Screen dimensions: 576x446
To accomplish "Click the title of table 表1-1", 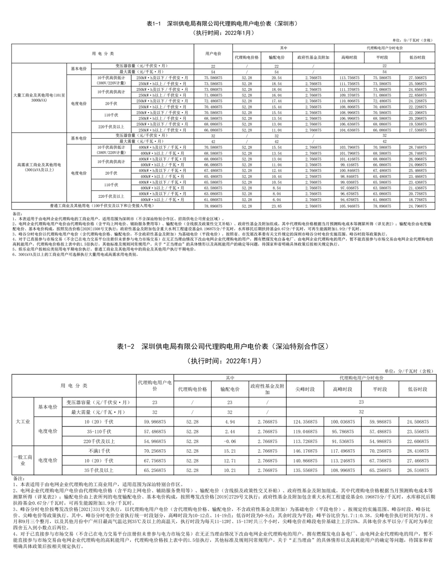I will (223, 24).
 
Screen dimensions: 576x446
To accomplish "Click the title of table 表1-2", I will (223, 346).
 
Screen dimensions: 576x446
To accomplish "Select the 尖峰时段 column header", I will (305, 389).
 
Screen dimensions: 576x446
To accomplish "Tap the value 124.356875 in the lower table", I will (305, 422).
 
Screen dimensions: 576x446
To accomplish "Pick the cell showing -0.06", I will (230, 441).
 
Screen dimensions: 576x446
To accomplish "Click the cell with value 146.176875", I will (305, 451).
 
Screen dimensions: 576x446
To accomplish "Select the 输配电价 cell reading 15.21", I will (230, 451).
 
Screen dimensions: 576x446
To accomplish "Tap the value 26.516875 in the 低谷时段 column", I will (418, 470).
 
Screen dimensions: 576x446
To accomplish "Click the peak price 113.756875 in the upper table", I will (349, 78).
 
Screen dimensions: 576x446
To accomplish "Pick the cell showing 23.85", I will (276, 206).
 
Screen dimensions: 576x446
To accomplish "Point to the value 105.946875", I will (349, 206).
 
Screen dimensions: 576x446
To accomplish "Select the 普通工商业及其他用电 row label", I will (102, 206).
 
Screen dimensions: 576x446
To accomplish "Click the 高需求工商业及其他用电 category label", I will (39, 167).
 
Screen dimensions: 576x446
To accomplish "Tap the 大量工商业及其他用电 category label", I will (39, 98).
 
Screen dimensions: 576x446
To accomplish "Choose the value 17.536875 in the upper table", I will (418, 130).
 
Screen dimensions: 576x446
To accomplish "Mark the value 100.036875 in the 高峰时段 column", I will (342, 422).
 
